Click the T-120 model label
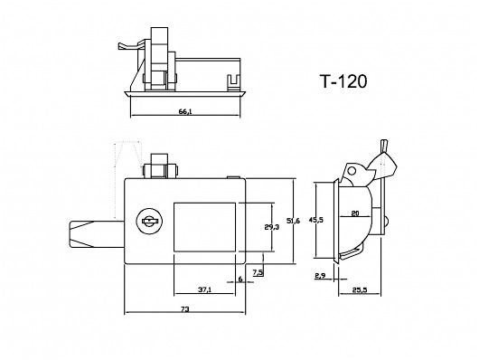point(343,81)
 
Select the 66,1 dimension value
point(185,111)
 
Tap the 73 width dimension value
point(184,309)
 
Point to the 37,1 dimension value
point(204,289)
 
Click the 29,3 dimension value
point(271,227)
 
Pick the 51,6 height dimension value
point(293,221)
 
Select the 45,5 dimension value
point(316,220)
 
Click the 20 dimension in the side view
point(355,213)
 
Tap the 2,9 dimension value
point(320,276)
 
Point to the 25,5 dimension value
point(360,290)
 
